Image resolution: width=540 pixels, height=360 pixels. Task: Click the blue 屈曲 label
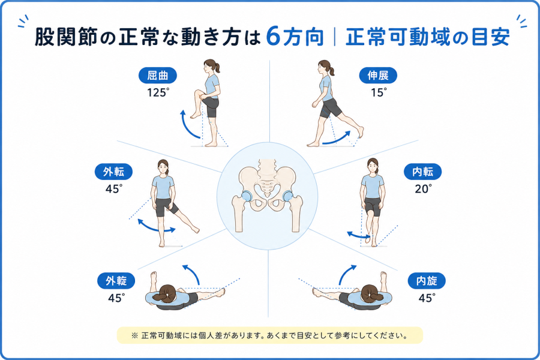(158, 76)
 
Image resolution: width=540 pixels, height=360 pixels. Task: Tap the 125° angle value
(158, 92)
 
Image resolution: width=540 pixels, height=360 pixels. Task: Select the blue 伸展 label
(378, 76)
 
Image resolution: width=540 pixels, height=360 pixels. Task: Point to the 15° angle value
(379, 92)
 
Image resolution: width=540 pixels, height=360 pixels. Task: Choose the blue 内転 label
(422, 172)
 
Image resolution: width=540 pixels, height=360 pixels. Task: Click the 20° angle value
(423, 189)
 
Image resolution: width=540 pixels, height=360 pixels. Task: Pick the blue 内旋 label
(427, 281)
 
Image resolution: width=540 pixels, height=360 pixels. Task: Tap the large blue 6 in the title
(274, 36)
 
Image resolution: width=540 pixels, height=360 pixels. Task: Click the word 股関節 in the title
(65, 37)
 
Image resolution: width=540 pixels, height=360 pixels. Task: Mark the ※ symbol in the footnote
(134, 335)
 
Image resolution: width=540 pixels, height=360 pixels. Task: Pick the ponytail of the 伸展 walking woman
(331, 71)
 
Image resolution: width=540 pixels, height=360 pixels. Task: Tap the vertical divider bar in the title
(335, 37)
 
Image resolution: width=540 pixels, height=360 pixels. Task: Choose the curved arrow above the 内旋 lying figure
(346, 273)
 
